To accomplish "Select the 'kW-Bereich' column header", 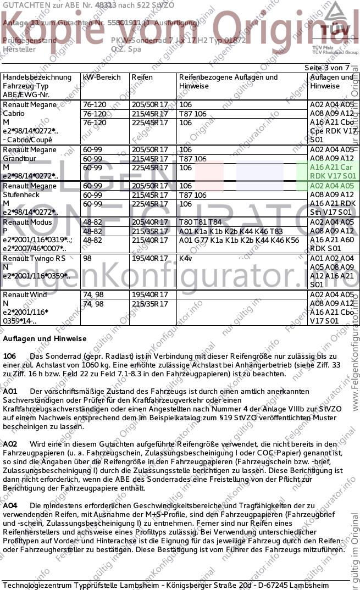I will (102, 77).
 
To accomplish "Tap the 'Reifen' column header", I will (142, 77).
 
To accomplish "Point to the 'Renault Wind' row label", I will (25, 295).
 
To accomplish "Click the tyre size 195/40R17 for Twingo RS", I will (149, 258).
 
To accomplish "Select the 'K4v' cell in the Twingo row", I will (186, 258).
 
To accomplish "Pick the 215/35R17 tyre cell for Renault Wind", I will (149, 304).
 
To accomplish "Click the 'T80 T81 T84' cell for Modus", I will (201, 222).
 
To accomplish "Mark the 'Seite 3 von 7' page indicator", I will (326, 68).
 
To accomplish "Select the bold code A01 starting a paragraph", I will (10, 391).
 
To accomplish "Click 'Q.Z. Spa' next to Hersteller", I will (126, 49).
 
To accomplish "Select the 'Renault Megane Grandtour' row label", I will (30, 154).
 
